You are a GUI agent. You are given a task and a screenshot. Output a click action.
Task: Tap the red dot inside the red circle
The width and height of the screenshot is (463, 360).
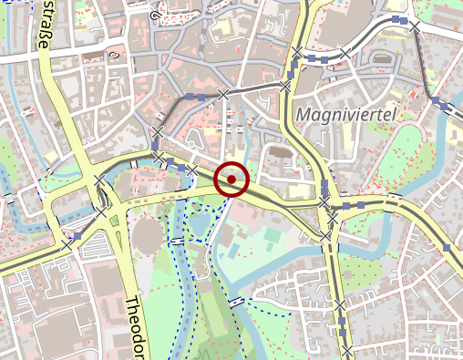coord(231,180)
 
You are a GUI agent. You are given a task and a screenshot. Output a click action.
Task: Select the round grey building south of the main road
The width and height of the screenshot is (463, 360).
coord(147,236)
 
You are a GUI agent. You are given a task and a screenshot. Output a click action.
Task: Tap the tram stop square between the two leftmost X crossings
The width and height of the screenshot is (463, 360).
coord(78,236)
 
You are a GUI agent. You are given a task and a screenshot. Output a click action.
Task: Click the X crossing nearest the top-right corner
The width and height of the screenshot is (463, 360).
coord(415,26)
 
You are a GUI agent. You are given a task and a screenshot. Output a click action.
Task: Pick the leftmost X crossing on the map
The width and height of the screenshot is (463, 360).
coord(66,245)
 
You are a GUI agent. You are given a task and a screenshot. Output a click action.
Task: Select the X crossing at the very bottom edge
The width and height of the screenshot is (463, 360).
coord(347,351)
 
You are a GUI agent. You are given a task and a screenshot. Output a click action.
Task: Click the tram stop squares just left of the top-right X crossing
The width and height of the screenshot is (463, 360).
coord(398,19)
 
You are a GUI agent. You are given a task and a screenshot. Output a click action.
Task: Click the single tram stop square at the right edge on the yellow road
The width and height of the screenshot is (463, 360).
coord(447,246)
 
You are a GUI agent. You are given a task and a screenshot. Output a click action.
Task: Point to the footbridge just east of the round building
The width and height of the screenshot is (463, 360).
coord(178,240)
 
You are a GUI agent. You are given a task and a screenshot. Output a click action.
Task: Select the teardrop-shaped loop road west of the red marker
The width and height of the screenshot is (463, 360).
coord(194,140)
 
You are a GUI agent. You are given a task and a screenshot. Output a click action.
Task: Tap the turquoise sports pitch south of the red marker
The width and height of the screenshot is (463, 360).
coord(271,239)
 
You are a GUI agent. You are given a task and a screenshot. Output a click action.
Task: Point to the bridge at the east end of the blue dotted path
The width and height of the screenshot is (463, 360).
coord(237,302)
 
